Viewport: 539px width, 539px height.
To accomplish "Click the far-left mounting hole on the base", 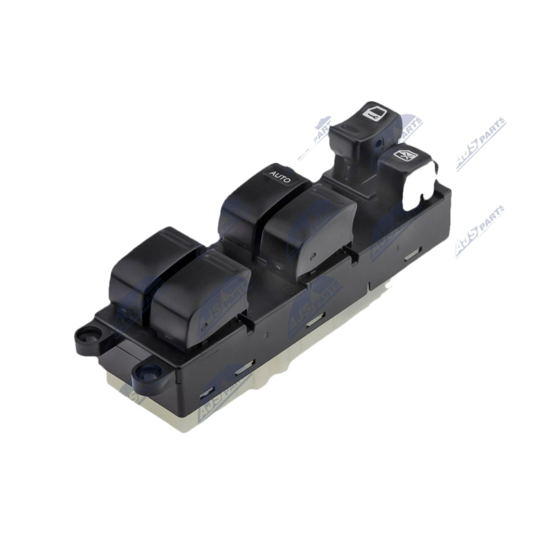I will [x=86, y=334].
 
